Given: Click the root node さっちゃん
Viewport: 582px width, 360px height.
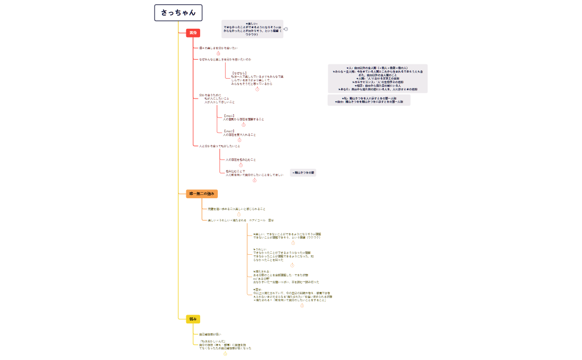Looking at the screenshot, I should [178, 13].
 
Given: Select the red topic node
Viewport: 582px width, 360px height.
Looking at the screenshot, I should [193, 33].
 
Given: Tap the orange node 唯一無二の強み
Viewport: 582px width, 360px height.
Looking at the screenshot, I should [202, 194].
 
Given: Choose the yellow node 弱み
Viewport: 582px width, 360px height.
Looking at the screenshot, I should [193, 319].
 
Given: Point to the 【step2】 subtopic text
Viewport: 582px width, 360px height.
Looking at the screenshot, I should [239, 133].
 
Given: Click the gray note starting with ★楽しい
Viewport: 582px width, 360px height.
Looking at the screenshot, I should [252, 29].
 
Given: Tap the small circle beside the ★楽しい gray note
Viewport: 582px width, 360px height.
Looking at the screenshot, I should [286, 29].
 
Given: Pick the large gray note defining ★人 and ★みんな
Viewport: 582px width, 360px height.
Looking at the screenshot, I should [377, 78].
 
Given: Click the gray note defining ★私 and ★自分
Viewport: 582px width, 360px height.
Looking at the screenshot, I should [369, 100].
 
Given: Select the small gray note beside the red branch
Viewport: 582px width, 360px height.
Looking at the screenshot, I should [303, 173].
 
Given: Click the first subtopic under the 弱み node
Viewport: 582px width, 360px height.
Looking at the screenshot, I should [210, 335].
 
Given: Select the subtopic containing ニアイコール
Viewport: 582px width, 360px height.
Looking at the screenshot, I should [241, 220].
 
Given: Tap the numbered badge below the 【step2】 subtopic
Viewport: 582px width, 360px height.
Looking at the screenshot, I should [239, 140].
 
